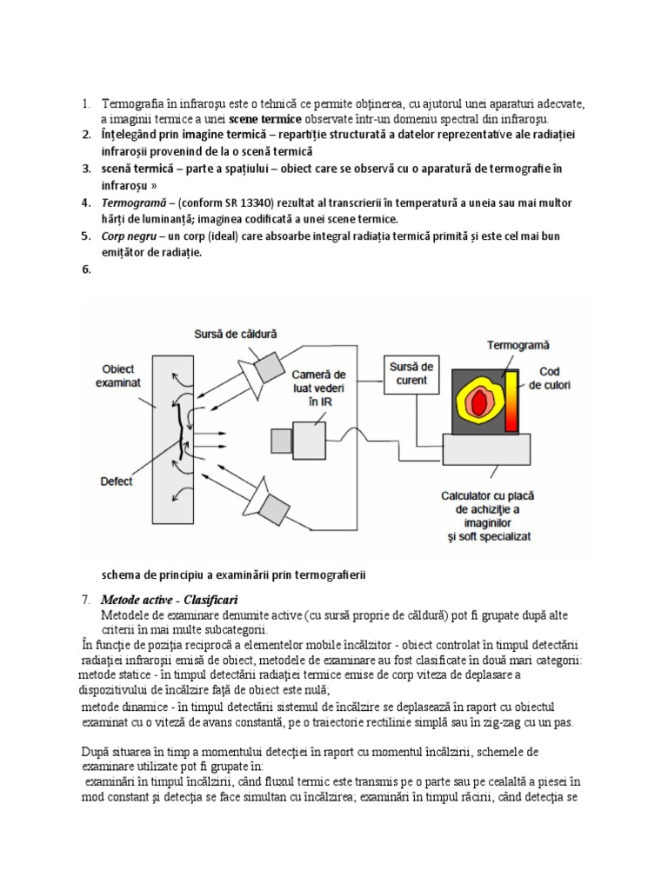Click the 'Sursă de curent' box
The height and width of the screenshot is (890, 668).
coord(410,375)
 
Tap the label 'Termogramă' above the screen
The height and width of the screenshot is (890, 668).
coord(489,344)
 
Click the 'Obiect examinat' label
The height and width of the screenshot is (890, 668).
coord(117,375)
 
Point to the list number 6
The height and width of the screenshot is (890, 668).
coord(86,269)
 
